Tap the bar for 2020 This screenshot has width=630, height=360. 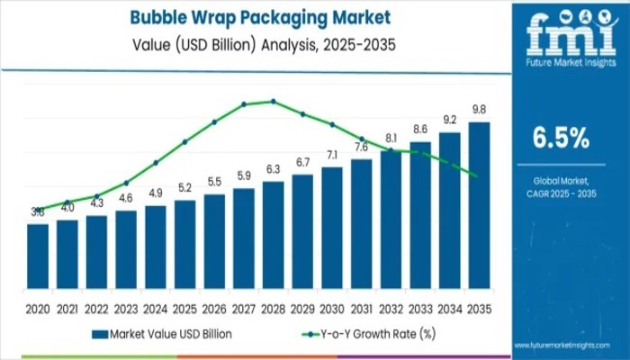(x=38, y=256)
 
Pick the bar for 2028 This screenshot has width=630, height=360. (x=273, y=235)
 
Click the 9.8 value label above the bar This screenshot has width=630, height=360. (x=479, y=110)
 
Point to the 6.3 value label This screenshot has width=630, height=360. (x=273, y=169)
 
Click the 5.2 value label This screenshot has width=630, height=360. (x=184, y=188)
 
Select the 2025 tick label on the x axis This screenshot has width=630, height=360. (x=184, y=308)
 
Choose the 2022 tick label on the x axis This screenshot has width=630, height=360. (x=96, y=308)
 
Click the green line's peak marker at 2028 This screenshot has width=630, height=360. (x=273, y=102)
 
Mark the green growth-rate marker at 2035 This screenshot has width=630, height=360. (x=474, y=175)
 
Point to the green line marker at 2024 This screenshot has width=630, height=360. (x=156, y=163)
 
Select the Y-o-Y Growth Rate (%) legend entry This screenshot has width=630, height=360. (x=366, y=334)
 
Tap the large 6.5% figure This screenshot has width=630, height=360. (x=561, y=138)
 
